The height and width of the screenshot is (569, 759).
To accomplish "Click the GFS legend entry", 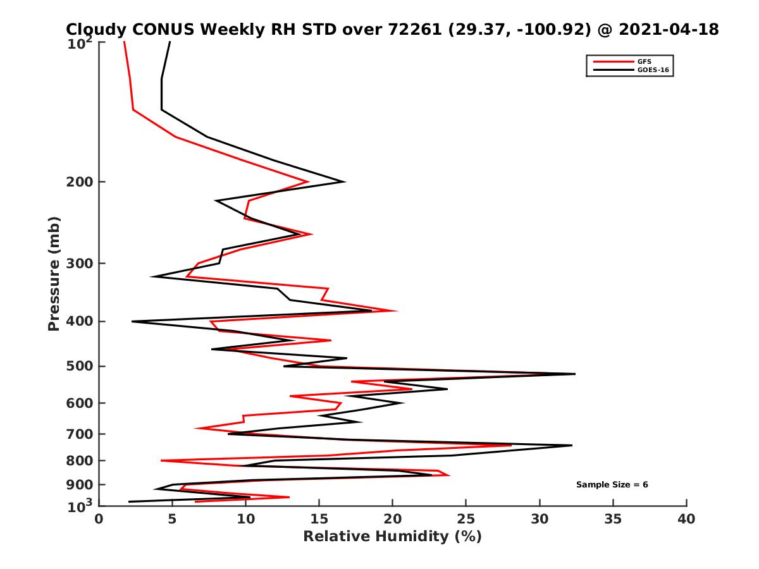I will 645,61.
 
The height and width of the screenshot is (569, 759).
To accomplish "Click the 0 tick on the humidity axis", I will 99,519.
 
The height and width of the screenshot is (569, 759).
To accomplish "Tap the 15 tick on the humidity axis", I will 319,519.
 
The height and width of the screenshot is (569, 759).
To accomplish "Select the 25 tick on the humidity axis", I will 466,519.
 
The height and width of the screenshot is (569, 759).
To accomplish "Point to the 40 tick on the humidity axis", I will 686,519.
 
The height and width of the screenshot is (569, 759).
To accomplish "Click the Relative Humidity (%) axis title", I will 392,537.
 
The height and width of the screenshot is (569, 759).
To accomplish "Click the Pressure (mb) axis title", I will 54,273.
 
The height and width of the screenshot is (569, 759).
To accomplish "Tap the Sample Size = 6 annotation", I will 612,485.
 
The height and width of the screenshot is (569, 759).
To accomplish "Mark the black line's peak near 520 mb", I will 575,374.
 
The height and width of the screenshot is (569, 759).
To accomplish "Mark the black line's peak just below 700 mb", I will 572,446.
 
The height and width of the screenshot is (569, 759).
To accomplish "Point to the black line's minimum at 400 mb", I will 132,322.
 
